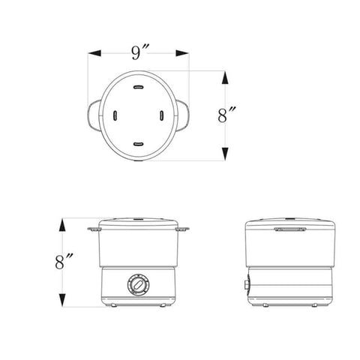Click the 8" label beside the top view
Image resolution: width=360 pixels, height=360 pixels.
click(226, 115)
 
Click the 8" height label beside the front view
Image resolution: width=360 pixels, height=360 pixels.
click(64, 261)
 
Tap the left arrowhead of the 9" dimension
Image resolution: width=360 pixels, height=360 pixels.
click(94, 53)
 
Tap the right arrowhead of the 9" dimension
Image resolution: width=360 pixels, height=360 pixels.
click(182, 53)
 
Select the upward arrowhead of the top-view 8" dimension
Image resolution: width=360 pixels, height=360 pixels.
click(225, 77)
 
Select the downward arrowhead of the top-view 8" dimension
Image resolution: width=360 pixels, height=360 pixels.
click(225, 154)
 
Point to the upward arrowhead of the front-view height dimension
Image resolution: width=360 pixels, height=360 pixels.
click(62, 225)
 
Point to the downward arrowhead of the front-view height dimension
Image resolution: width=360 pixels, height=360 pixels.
click(62, 300)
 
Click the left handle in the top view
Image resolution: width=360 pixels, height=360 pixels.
click(93, 115)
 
